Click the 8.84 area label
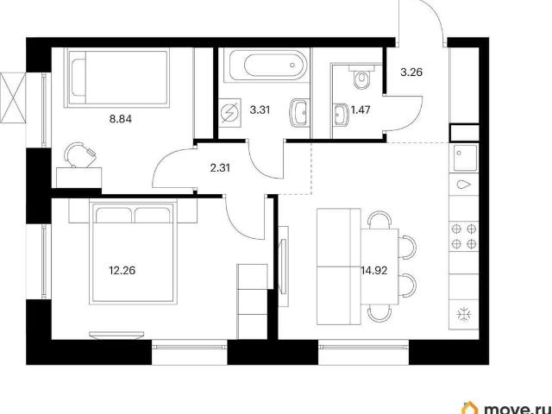[121, 119]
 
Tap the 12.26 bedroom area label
[122, 270]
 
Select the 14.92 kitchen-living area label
[373, 270]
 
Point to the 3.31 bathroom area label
[260, 110]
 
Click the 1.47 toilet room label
[361, 110]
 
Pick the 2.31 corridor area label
[220, 168]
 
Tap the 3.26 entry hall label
[411, 72]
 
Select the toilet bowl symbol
[361, 77]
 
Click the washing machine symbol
[229, 113]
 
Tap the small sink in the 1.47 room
[340, 115]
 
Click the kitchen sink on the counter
[465, 158]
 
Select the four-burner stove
[464, 235]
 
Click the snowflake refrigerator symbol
[464, 314]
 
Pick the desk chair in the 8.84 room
[80, 154]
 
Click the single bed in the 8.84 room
[117, 77]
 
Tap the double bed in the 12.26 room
[133, 251]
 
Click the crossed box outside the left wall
[13, 97]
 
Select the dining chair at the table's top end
[379, 220]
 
